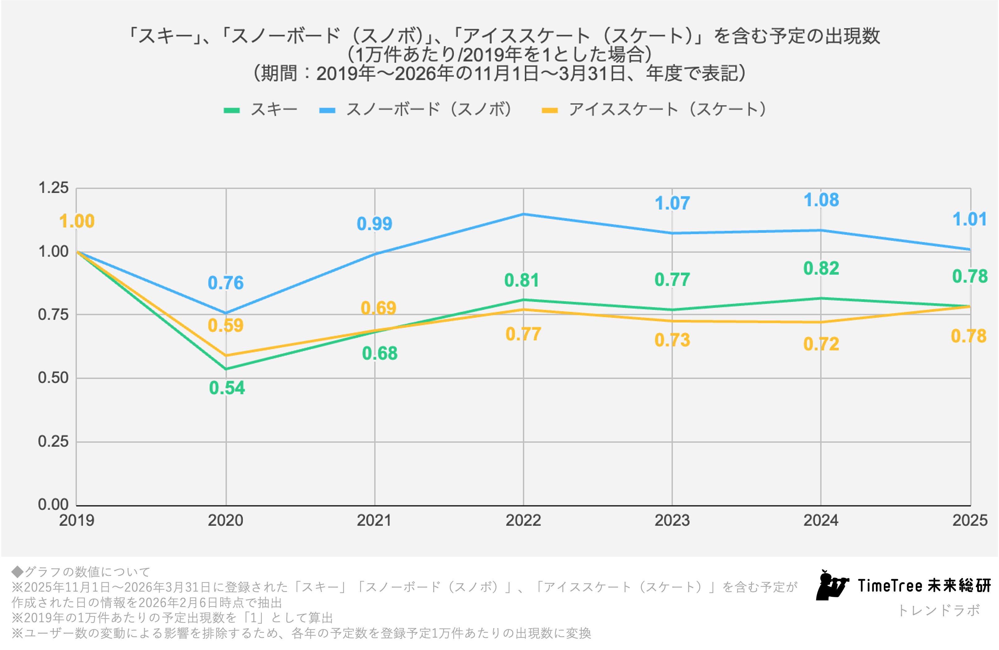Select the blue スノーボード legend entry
(416, 110)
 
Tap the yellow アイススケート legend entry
(655, 110)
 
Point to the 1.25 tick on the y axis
(53, 188)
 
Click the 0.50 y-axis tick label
(53, 378)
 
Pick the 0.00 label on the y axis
(53, 505)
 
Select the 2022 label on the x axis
(523, 520)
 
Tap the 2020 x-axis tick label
(225, 520)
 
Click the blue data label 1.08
(821, 200)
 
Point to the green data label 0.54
(227, 388)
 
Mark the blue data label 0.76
(225, 283)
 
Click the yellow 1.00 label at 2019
(77, 221)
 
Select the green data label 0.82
(821, 269)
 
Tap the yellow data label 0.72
(821, 344)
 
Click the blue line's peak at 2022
(523, 214)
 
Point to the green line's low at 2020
(226, 369)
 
